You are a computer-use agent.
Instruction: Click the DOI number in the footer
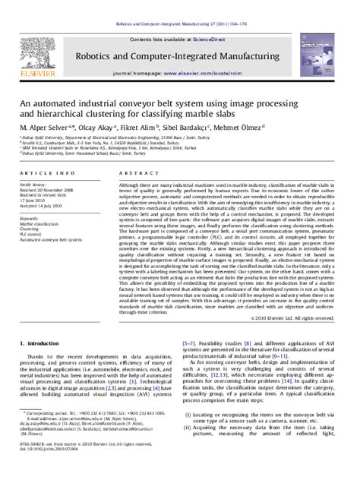coord(49,471)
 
